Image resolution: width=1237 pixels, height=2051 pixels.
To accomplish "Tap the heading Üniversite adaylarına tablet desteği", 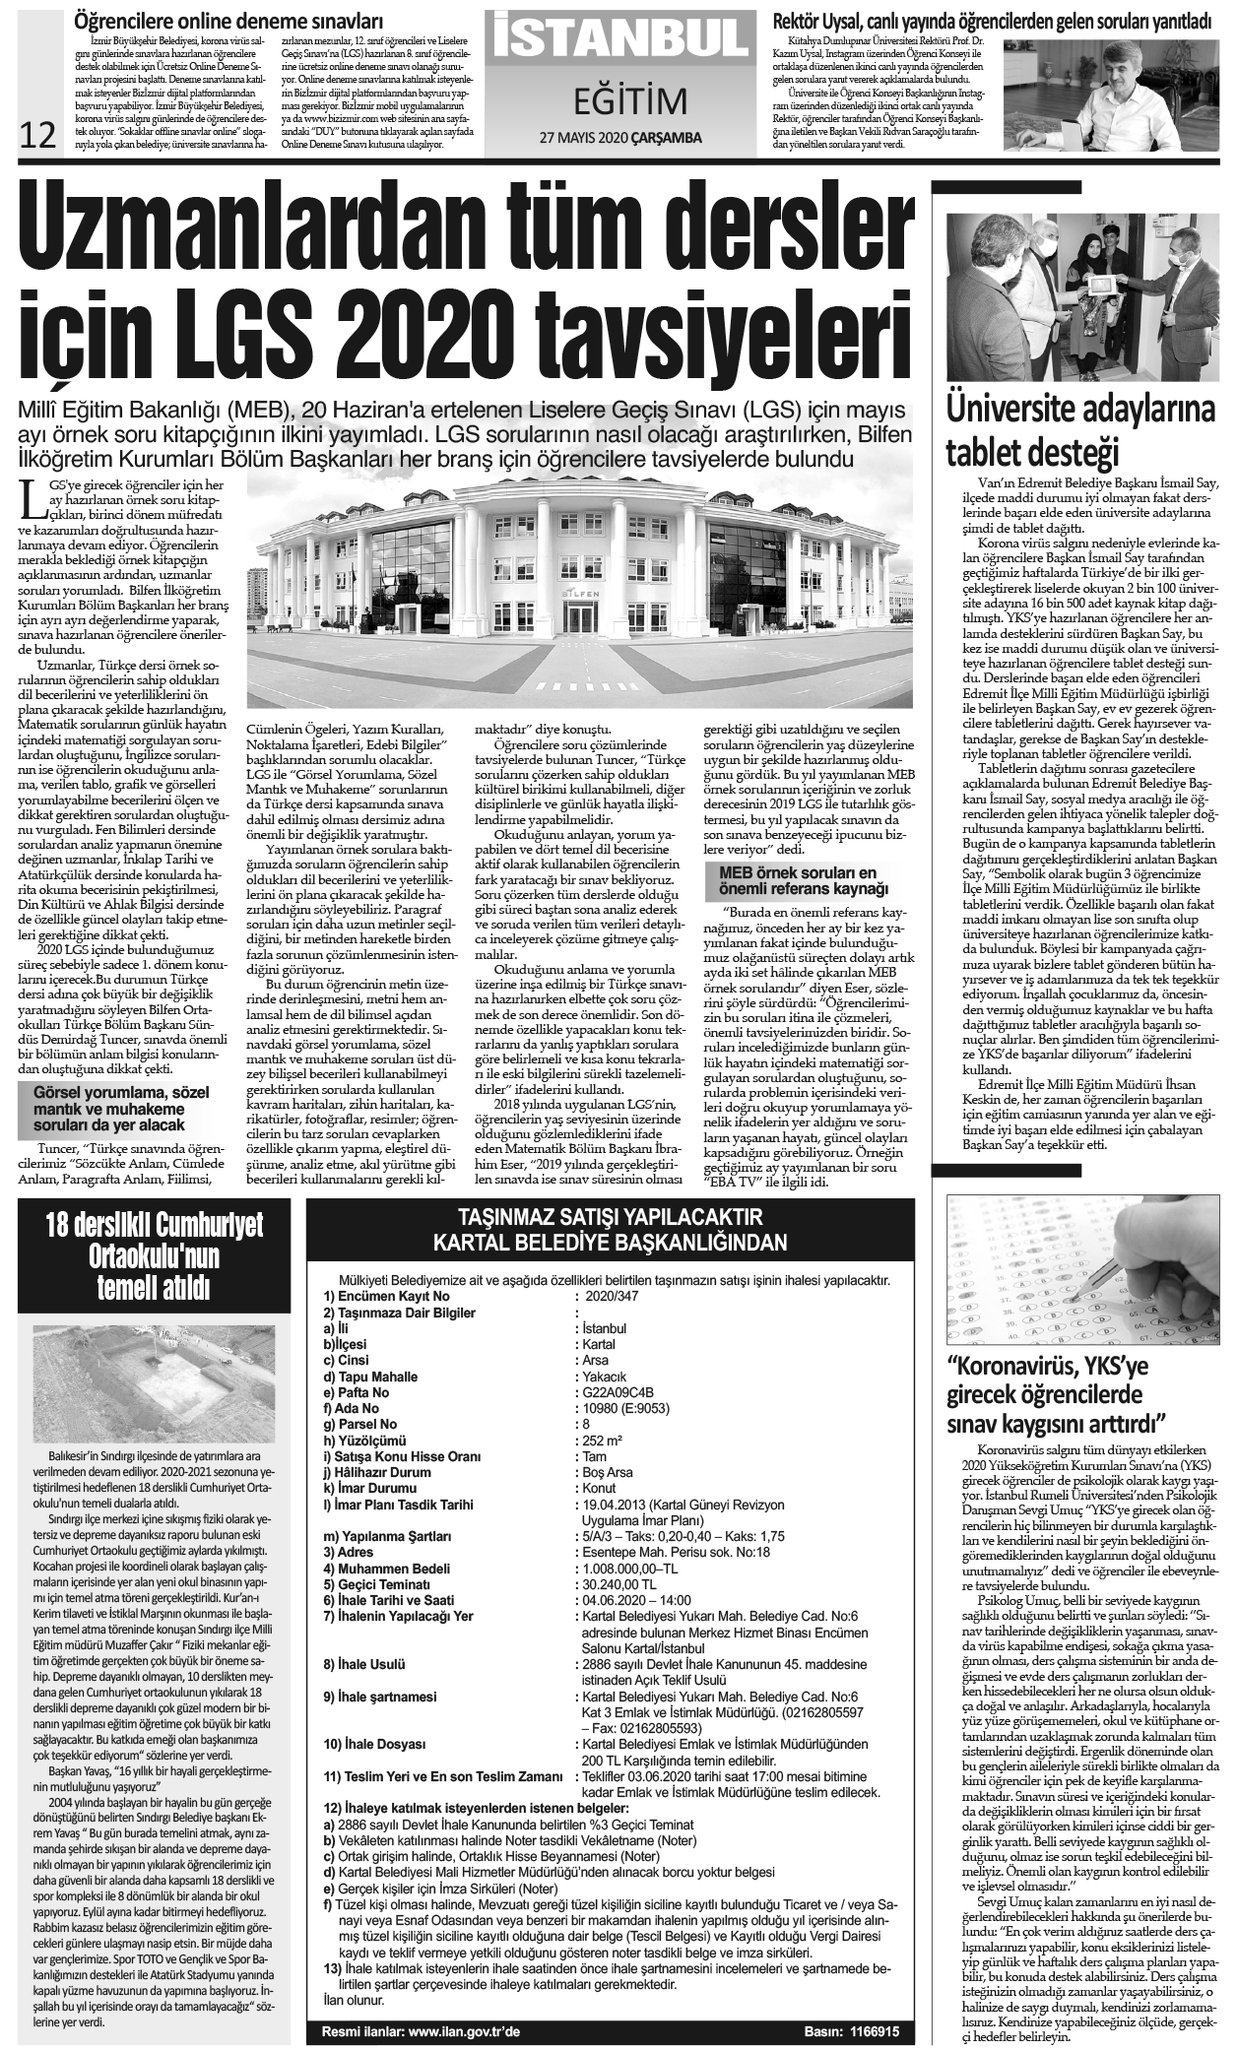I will pyautogui.click(x=1080, y=431).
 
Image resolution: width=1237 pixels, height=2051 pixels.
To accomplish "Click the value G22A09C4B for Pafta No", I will pyautogui.click(x=618, y=1392).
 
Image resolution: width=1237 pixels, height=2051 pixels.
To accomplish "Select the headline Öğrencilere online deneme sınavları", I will pyautogui.click(x=229, y=20).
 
